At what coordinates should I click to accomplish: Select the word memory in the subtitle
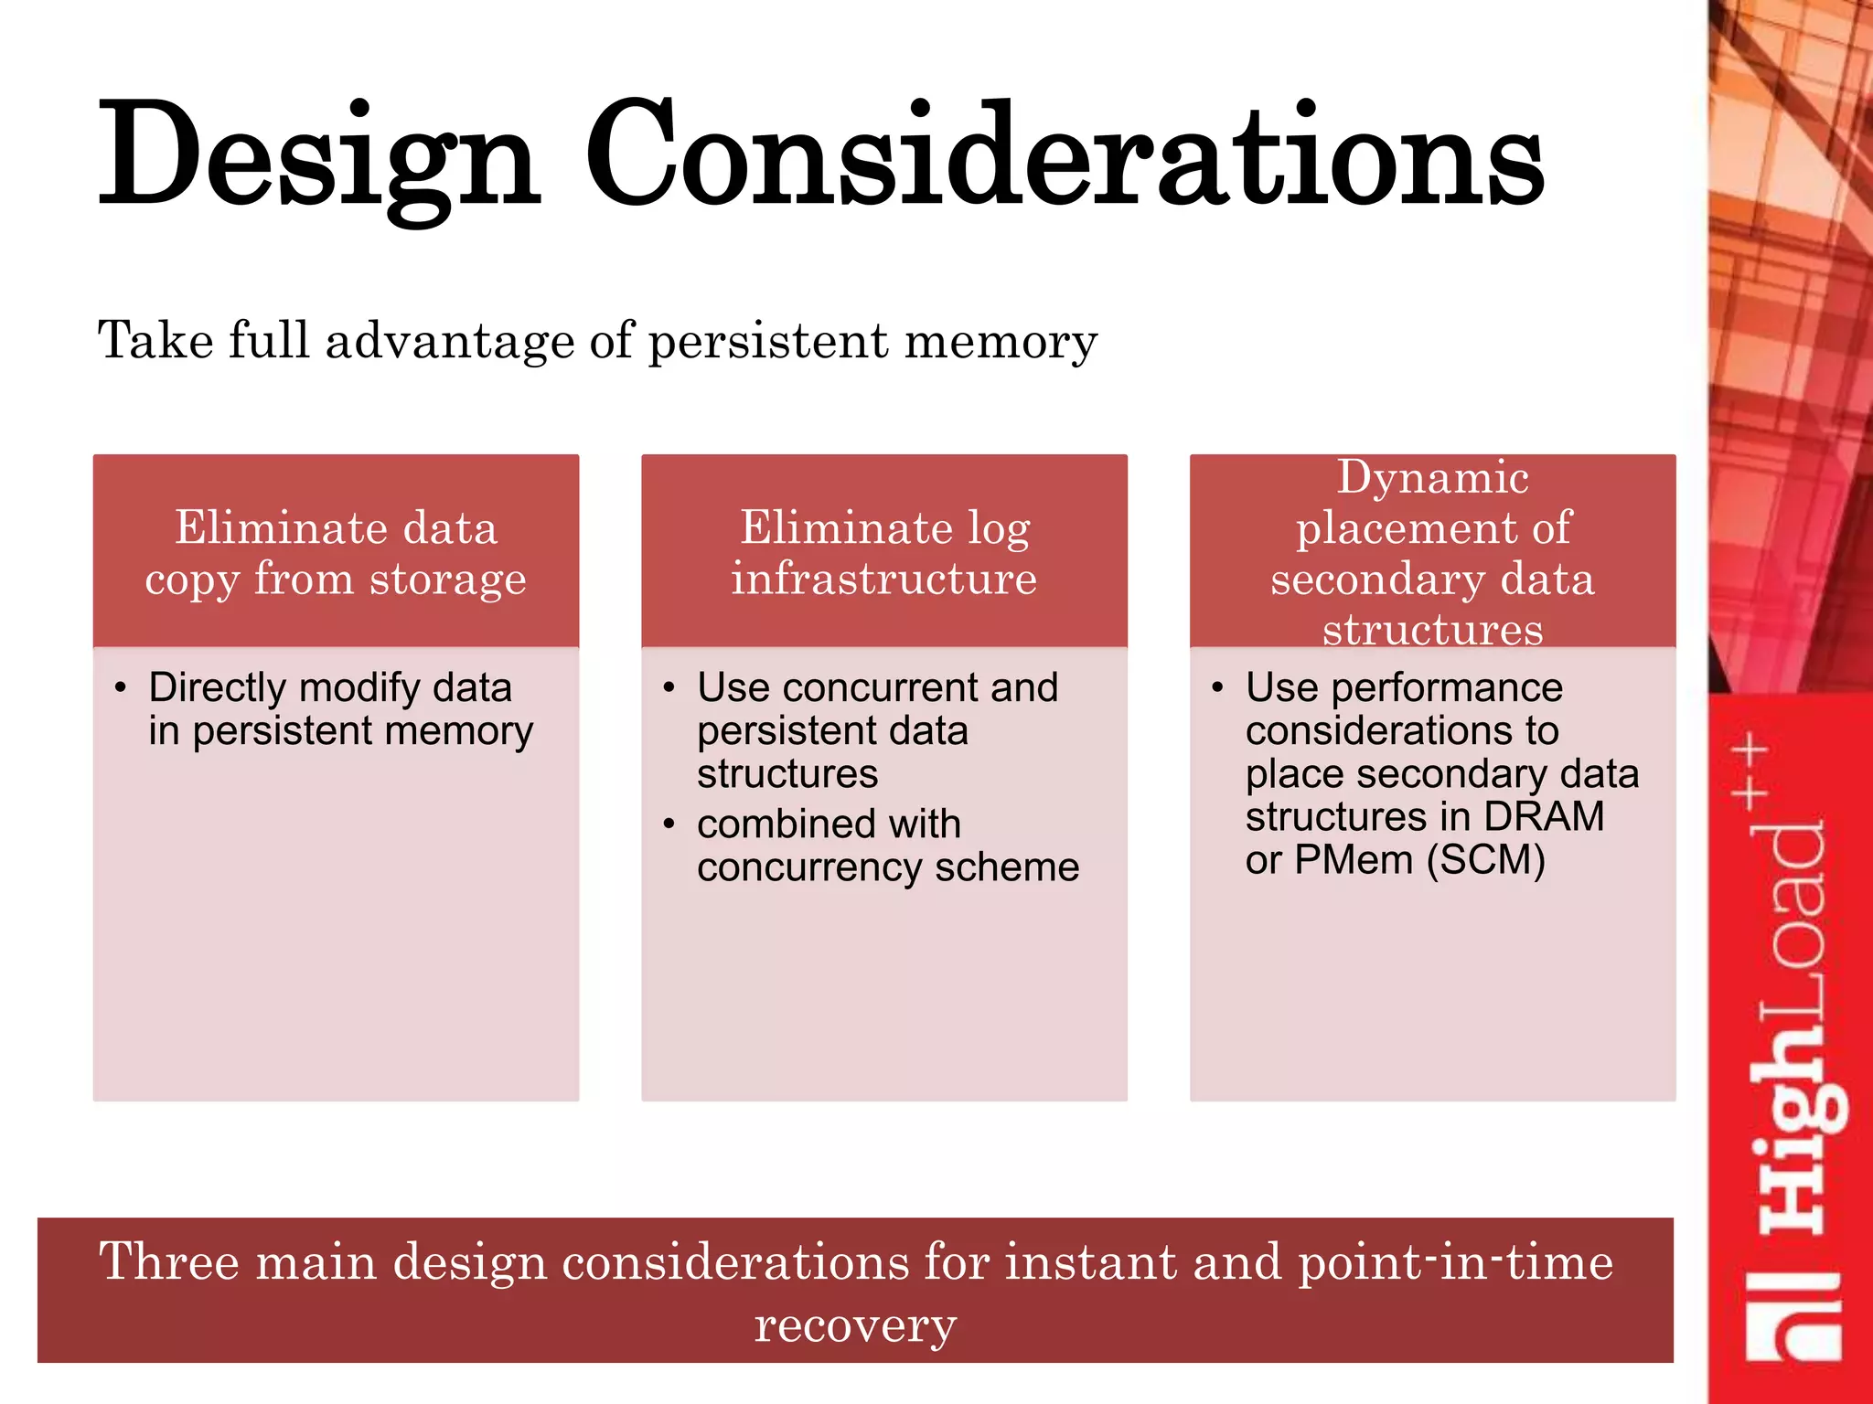pyautogui.click(x=1001, y=341)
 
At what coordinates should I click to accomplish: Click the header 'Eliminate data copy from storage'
pyautogui.click(x=336, y=552)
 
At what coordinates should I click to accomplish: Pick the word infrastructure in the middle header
pyautogui.click(x=883, y=579)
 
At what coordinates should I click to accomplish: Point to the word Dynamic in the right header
pyautogui.click(x=1432, y=478)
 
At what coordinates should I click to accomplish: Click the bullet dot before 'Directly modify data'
pyautogui.click(x=121, y=687)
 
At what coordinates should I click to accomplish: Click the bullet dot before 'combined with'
pyautogui.click(x=669, y=824)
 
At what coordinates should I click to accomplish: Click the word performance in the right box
pyautogui.click(x=1447, y=688)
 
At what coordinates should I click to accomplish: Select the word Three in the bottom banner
pyautogui.click(x=168, y=1262)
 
